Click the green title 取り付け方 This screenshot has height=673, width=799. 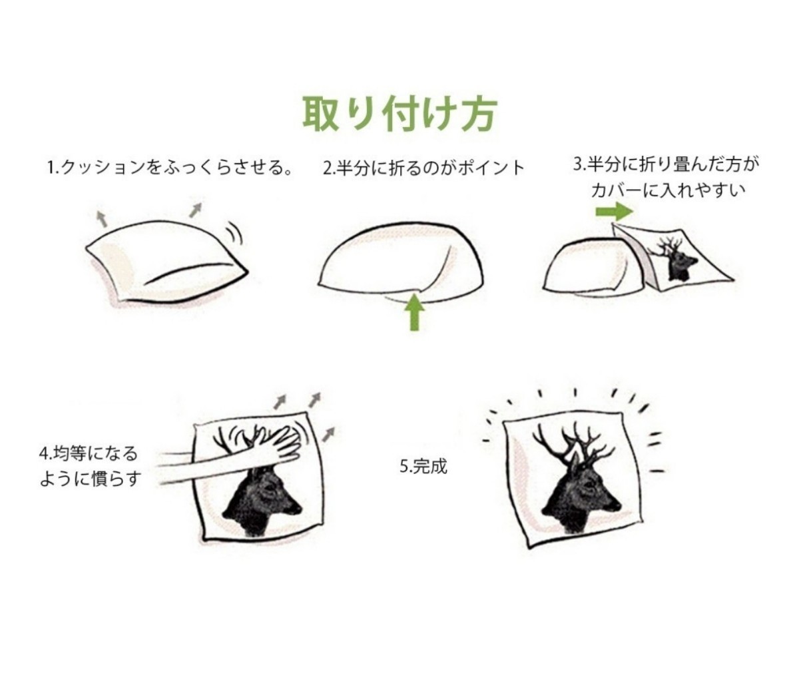click(x=400, y=114)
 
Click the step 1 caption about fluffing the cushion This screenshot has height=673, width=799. click(x=170, y=168)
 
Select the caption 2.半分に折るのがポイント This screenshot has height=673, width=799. click(x=423, y=168)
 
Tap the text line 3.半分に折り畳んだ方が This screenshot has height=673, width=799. click(x=666, y=164)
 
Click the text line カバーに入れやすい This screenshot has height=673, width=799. click(x=668, y=190)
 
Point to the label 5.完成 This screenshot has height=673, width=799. click(x=423, y=466)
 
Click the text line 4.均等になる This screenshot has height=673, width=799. click(x=88, y=453)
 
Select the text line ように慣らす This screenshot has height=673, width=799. click(x=91, y=479)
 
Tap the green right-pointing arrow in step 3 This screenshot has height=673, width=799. click(x=614, y=212)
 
